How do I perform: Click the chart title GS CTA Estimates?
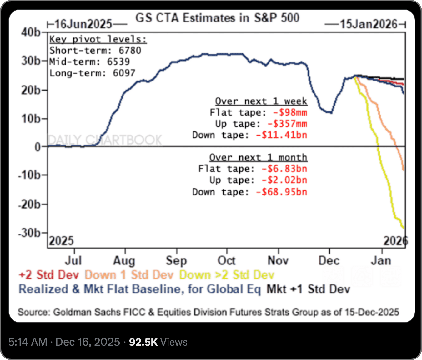click(x=217, y=18)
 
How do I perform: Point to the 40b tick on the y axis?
click(x=31, y=32)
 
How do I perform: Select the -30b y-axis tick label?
click(x=29, y=233)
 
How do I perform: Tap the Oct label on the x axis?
click(x=226, y=260)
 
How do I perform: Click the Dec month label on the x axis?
click(x=329, y=260)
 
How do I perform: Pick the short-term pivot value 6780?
click(x=130, y=51)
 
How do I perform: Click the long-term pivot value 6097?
click(x=124, y=73)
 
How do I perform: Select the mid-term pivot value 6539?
click(x=118, y=62)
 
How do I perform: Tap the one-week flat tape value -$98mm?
click(x=290, y=112)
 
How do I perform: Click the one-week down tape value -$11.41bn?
click(x=281, y=135)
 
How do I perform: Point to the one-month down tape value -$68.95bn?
click(x=281, y=192)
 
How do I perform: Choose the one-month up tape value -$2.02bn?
click(x=284, y=180)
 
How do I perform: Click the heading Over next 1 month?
click(x=258, y=158)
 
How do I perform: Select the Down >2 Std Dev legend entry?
click(x=227, y=275)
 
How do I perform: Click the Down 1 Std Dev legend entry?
click(x=129, y=275)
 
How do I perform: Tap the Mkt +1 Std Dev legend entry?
click(x=308, y=289)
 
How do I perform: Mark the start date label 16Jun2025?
click(x=83, y=24)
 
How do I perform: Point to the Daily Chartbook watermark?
click(x=105, y=140)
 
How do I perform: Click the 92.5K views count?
click(x=143, y=342)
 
